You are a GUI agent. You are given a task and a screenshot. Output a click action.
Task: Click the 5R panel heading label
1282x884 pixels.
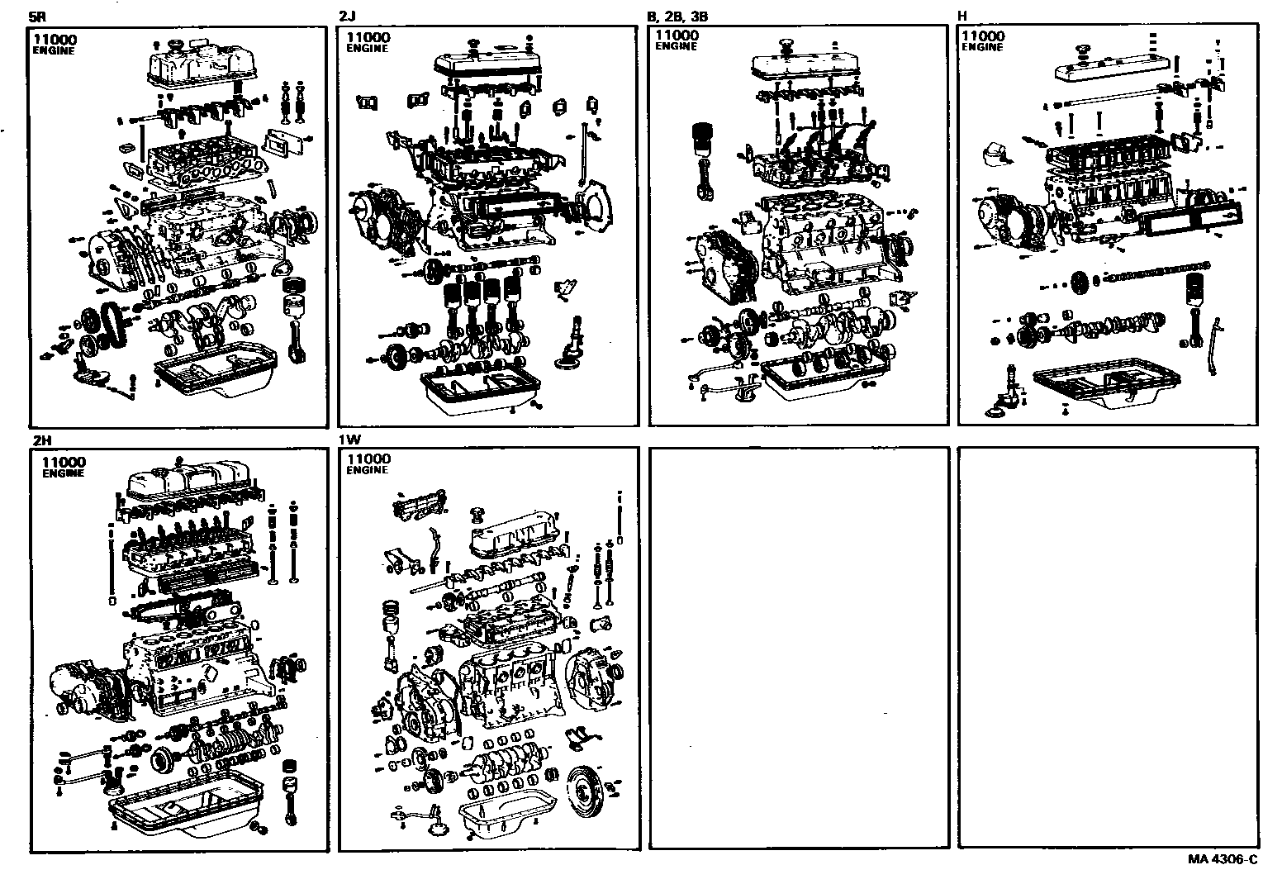click(36, 16)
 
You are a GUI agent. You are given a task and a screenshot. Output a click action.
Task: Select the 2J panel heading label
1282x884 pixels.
click(347, 16)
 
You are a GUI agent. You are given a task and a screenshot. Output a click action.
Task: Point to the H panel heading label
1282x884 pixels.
click(962, 16)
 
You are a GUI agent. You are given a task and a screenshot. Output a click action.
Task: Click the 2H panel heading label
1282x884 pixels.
click(40, 441)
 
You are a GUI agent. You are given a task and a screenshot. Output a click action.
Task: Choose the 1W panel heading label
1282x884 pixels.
click(349, 441)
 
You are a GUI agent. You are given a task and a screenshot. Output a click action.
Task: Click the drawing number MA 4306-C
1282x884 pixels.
click(1223, 859)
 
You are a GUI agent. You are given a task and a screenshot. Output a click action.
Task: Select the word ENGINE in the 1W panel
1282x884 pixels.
click(367, 470)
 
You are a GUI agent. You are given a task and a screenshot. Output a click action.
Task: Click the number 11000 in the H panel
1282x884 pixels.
click(983, 36)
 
